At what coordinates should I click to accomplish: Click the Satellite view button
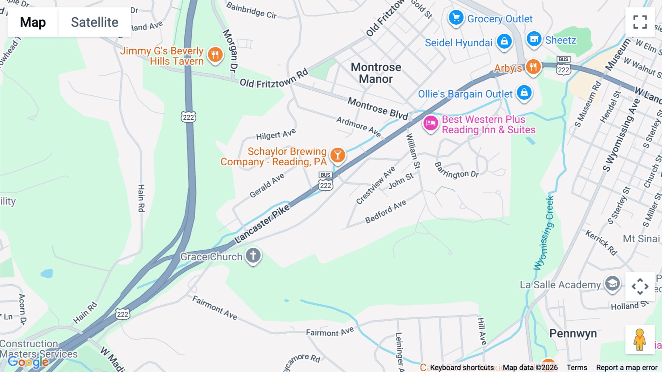pyautogui.click(x=95, y=22)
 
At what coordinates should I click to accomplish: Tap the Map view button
pyautogui.click(x=33, y=22)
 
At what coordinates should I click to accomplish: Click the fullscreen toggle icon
pyautogui.click(x=640, y=22)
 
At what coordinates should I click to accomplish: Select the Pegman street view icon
pyautogui.click(x=640, y=339)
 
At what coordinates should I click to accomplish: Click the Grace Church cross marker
pyautogui.click(x=253, y=255)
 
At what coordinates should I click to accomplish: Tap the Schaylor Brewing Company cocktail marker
pyautogui.click(x=337, y=155)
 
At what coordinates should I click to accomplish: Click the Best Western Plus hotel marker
pyautogui.click(x=430, y=123)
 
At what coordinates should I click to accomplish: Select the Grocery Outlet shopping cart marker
pyautogui.click(x=456, y=17)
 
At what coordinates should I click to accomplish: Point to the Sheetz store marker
pyautogui.click(x=534, y=38)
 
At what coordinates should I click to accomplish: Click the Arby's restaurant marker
pyautogui.click(x=533, y=67)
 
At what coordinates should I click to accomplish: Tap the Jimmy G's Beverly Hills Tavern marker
pyautogui.click(x=215, y=55)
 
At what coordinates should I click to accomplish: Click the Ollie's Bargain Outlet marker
pyautogui.click(x=524, y=92)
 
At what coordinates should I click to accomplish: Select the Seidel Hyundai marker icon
pyautogui.click(x=504, y=41)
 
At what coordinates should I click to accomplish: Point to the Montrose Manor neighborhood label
pyautogui.click(x=376, y=73)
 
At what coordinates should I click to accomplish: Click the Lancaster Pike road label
pyautogui.click(x=262, y=224)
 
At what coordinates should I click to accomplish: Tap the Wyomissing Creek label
pyautogui.click(x=544, y=233)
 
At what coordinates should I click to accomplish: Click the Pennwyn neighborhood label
pyautogui.click(x=573, y=333)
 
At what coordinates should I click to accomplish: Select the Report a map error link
pyautogui.click(x=626, y=367)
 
